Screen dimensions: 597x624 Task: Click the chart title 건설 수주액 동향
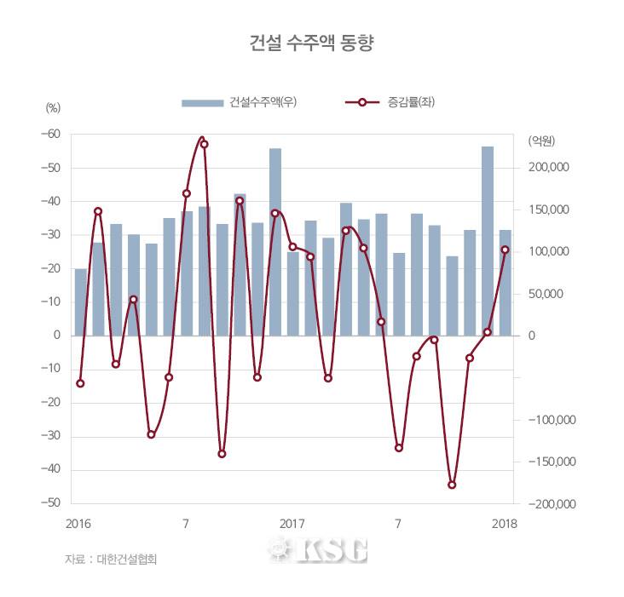click(311, 43)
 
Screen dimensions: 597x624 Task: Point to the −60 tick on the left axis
click(51, 135)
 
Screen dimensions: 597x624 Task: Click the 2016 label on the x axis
click(78, 522)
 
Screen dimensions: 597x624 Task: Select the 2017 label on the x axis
click(292, 522)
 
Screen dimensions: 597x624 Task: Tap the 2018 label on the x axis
click(505, 522)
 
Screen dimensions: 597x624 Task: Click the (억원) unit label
click(541, 140)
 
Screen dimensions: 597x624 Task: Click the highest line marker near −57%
click(204, 144)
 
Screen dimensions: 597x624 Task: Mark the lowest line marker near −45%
click(452, 485)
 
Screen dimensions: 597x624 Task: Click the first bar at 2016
click(80, 302)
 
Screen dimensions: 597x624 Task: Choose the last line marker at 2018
click(505, 250)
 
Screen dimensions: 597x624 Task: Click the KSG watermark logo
click(317, 550)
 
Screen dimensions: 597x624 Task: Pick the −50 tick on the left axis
click(51, 504)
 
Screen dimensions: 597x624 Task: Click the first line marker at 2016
click(80, 383)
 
